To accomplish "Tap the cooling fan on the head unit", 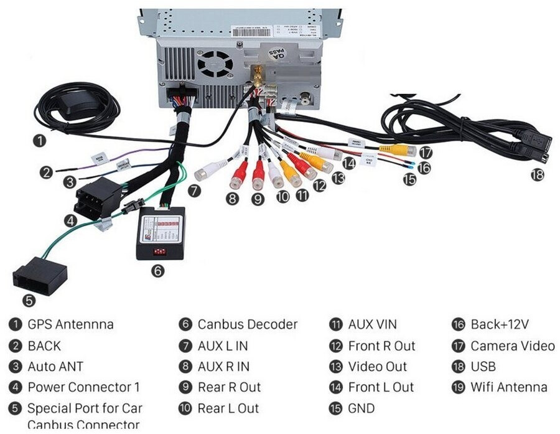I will tap(215, 62).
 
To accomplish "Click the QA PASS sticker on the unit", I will tap(279, 55).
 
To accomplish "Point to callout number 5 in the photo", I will tap(29, 301).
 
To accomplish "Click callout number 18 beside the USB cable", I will tap(537, 175).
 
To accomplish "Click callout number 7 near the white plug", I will tap(195, 191).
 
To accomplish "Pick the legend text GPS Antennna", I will tap(70, 324).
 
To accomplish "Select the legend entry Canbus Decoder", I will tap(247, 324).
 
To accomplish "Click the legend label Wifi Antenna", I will tap(508, 387).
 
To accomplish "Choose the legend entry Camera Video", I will tap(512, 346).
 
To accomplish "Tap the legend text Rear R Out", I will tap(229, 387).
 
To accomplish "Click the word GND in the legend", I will tap(362, 408).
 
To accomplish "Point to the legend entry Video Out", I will tap(377, 367).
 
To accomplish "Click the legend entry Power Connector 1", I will tap(83, 387).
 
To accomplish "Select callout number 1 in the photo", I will tap(40, 140).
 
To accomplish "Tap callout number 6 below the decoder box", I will tap(159, 271).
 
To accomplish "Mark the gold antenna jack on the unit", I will tap(255, 77).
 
